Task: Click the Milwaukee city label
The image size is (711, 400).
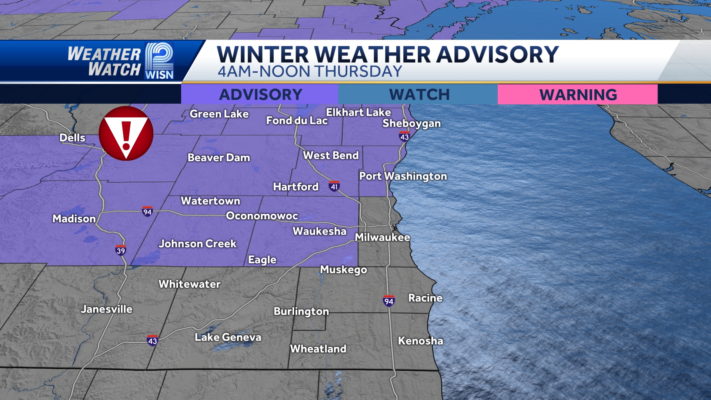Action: click(383, 237)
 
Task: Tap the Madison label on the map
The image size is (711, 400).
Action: click(74, 219)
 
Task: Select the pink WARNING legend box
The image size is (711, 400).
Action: click(578, 95)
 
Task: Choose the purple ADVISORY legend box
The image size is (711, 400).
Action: click(260, 95)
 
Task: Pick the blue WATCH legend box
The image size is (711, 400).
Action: click(418, 95)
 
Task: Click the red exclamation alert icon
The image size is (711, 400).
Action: click(126, 133)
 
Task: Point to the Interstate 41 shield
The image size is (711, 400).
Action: click(334, 187)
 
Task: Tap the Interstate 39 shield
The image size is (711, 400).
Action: click(121, 250)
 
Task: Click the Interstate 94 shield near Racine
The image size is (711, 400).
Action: click(388, 301)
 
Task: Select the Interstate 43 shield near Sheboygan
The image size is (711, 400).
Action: click(404, 137)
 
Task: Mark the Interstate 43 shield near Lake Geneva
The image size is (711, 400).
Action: click(152, 341)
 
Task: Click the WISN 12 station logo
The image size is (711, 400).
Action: click(159, 61)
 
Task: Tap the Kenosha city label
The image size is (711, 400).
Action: click(420, 341)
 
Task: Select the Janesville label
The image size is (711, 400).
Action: click(107, 309)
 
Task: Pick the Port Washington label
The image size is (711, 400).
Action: click(403, 176)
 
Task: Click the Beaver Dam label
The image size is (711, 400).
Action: click(219, 158)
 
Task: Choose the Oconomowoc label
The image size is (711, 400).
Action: click(262, 216)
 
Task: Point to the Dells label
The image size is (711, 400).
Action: click(73, 138)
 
